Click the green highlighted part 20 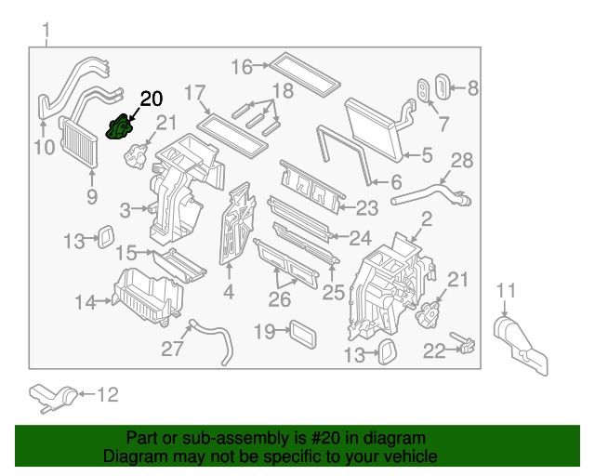coord(120,128)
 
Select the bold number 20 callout coord(151,99)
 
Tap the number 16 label coord(242,66)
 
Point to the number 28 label coord(462,160)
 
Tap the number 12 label coord(108,395)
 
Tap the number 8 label coord(472,89)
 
